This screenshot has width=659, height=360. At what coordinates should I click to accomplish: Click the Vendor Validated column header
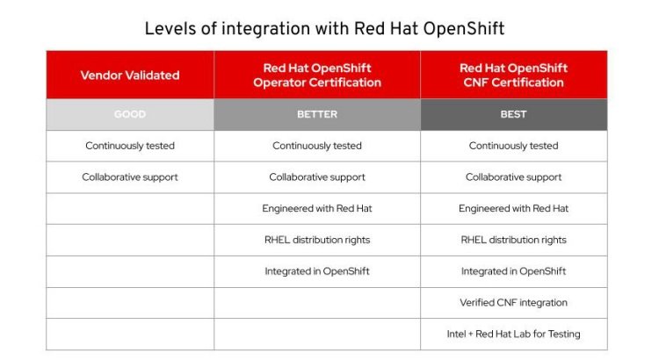pos(130,76)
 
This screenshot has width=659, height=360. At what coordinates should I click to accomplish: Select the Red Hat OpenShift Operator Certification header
pos(317,76)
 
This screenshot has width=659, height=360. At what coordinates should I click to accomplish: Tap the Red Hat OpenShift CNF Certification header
pos(514,76)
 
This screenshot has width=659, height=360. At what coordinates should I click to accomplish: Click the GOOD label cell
pos(130,114)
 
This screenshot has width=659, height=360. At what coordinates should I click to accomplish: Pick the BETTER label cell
pos(317,114)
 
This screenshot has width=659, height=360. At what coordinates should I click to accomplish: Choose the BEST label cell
pos(514,114)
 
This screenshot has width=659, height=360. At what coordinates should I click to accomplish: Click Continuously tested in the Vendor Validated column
pos(130,146)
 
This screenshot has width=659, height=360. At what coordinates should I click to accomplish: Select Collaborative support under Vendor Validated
pos(130,177)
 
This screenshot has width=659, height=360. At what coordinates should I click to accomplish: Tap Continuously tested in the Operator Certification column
pos(317,146)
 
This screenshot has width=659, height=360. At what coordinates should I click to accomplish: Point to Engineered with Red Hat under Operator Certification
pos(317,208)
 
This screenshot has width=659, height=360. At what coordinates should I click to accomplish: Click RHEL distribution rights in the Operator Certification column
pos(317,240)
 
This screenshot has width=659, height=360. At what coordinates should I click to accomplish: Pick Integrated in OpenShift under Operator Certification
pos(317,271)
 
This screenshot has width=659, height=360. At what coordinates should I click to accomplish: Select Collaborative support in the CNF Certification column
pos(514,177)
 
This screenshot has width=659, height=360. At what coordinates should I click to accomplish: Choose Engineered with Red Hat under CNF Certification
pos(514,208)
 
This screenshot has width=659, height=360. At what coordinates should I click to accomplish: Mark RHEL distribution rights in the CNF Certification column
pos(514,240)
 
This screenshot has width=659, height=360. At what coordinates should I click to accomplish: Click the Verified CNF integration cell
pos(514,302)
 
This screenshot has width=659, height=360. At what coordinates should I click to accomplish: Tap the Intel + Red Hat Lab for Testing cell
pos(514,334)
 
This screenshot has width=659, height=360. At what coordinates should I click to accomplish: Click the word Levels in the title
pos(170,29)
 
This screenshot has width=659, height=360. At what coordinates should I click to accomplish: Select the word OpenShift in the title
pos(464,29)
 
